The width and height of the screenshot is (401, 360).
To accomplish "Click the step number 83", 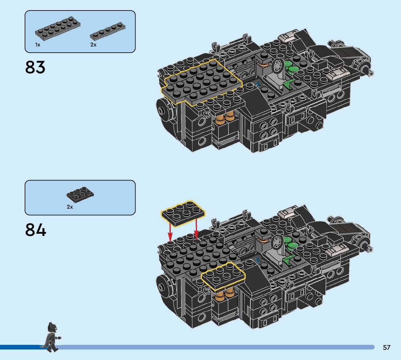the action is (x=35, y=67).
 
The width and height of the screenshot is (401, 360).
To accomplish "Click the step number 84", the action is (x=36, y=230).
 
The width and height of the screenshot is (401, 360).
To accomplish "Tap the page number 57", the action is (x=386, y=348).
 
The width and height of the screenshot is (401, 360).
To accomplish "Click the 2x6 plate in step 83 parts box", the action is (x=58, y=29).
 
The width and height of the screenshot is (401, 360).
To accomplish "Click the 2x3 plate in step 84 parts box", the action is (x=80, y=195).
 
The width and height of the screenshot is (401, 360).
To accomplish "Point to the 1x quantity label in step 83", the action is (x=38, y=45).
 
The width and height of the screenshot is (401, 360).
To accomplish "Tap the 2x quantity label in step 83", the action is (x=93, y=45).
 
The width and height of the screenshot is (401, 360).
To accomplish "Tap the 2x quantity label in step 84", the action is (x=70, y=207).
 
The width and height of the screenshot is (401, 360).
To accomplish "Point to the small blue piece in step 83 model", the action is (x=258, y=85).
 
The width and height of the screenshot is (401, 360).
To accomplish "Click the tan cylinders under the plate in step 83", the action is (x=225, y=119).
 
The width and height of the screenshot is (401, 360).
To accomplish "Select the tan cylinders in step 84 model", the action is (x=224, y=294).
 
